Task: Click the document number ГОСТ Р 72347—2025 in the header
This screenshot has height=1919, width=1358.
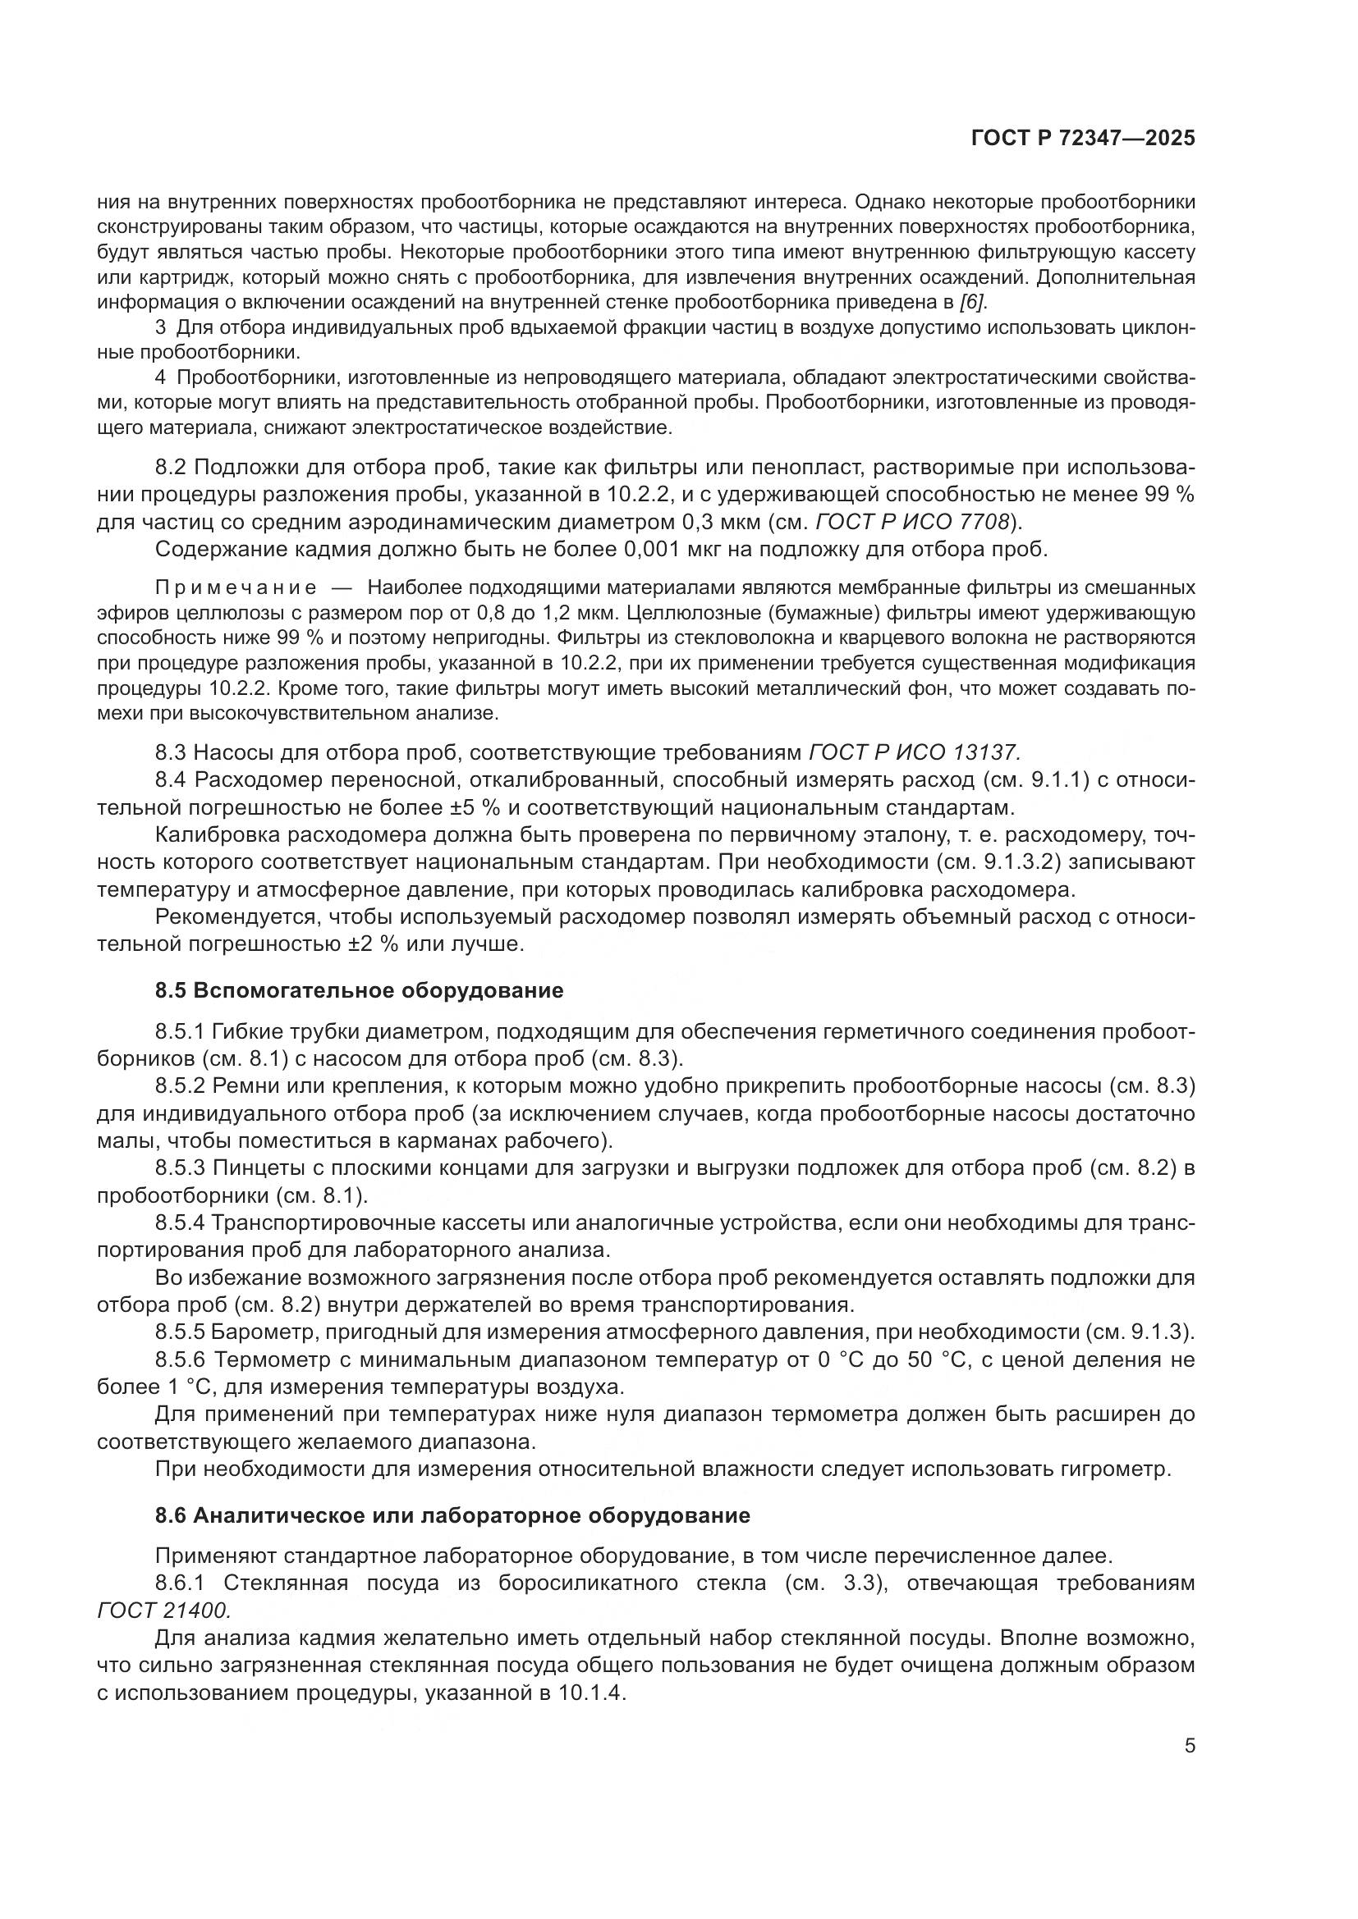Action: pos(1083,139)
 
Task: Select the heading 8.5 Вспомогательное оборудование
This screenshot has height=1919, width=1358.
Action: pos(359,991)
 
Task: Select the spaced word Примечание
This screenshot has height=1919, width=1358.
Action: pos(236,588)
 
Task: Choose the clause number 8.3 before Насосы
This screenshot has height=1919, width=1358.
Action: pos(172,753)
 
